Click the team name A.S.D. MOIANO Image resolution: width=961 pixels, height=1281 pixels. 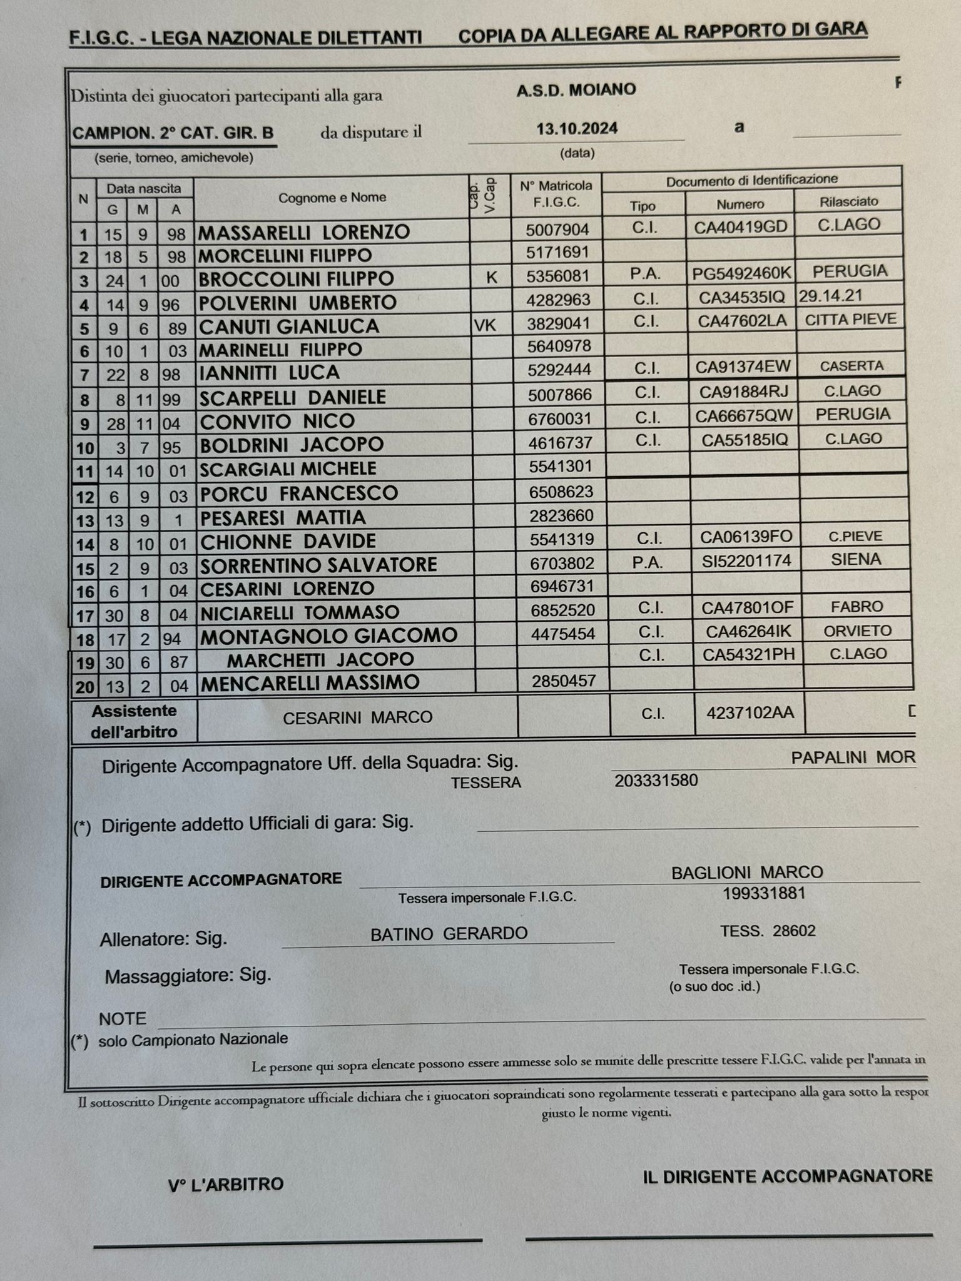point(576,90)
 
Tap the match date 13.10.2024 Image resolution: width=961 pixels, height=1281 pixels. point(576,129)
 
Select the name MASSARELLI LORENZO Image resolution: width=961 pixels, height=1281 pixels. point(304,233)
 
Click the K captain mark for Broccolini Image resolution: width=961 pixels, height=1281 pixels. point(491,277)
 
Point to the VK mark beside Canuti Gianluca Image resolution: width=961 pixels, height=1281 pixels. point(486,325)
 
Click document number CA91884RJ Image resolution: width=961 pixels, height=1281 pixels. point(743,392)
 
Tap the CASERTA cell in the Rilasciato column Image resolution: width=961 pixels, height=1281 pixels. point(852,366)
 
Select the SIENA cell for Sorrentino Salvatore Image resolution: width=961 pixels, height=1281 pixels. point(855,559)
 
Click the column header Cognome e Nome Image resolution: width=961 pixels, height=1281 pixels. point(332,198)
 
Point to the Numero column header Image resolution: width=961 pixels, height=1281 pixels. point(740,205)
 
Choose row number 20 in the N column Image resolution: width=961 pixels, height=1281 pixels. point(84,687)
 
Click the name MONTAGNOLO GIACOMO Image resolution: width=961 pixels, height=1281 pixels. point(328,636)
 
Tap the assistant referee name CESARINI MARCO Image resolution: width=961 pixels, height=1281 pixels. point(357,717)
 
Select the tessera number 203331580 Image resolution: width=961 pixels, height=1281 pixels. point(656,781)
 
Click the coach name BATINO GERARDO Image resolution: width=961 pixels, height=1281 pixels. point(449,934)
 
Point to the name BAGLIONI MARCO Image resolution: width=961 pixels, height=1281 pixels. point(746,872)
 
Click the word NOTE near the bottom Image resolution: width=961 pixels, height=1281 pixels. point(123,1019)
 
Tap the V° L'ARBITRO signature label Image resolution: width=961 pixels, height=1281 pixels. point(225,1185)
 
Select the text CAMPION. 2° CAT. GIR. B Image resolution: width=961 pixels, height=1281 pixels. point(173,133)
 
